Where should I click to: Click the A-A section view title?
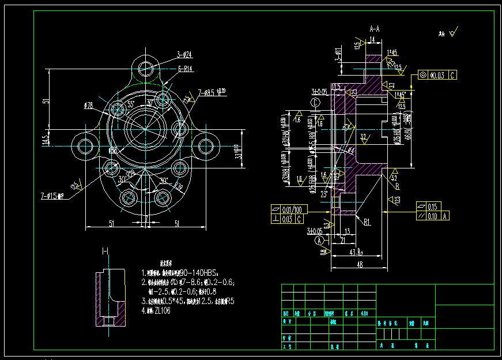[375, 28]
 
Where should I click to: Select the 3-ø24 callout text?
[184, 55]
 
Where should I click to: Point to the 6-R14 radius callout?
[185, 69]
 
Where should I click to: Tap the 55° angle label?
[131, 104]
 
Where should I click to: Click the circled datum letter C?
[315, 102]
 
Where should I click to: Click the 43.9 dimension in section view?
[356, 252]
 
